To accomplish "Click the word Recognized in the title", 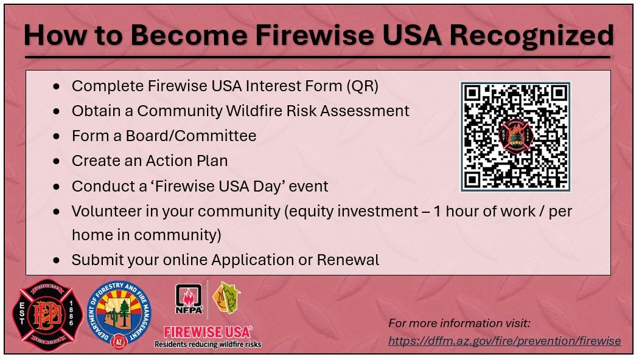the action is click(531, 35).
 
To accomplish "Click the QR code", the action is click(515, 136).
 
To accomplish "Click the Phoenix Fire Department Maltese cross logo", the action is click(47, 315).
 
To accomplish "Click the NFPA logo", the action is click(189, 299).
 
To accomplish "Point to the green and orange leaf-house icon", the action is click(226, 298).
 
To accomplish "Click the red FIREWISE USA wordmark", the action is click(208, 332).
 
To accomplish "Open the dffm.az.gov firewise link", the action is click(505, 341).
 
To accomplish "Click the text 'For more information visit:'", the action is click(459, 324).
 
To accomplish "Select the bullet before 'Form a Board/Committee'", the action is click(56, 136).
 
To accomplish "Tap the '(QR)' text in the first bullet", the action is click(362, 86).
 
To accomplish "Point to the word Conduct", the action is click(103, 186).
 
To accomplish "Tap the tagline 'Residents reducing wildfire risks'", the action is click(208, 345).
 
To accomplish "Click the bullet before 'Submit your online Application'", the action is click(56, 261).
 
